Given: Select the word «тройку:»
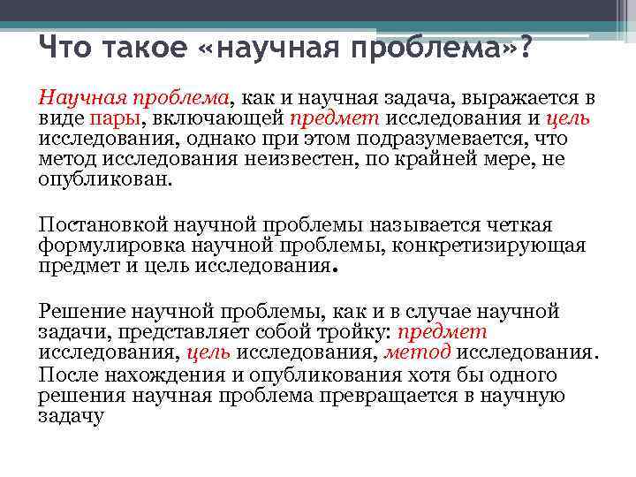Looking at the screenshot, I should click(x=354, y=332).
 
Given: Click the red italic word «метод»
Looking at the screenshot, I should click(x=417, y=352).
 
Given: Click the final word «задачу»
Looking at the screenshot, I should click(x=71, y=415).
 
